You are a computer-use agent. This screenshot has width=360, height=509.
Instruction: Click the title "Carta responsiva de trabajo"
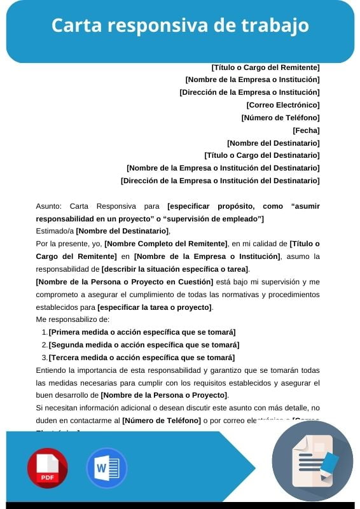(180, 25)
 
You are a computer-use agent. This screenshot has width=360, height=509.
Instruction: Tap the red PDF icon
(47, 468)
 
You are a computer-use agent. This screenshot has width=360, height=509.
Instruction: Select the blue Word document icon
(107, 468)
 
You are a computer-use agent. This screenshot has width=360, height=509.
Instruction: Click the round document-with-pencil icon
(312, 461)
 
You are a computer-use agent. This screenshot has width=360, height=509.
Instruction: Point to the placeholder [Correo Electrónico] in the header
(283, 104)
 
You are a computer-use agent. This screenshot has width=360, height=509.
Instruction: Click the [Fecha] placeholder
(306, 130)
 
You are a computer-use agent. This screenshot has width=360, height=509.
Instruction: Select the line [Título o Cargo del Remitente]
(265, 67)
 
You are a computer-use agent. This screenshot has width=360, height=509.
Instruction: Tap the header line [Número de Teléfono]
(280, 117)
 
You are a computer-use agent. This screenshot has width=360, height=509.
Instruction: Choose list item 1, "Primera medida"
(142, 332)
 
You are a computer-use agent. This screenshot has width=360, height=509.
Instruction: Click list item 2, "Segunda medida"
(144, 345)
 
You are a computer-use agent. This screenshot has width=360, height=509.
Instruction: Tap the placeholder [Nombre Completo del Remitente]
(166, 244)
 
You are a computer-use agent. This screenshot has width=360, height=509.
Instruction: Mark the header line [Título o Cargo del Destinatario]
(261, 155)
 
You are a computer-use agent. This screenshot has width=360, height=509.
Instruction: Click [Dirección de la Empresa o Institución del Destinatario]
(220, 180)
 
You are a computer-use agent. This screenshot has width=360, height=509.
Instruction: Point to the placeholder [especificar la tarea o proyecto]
(155, 307)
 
